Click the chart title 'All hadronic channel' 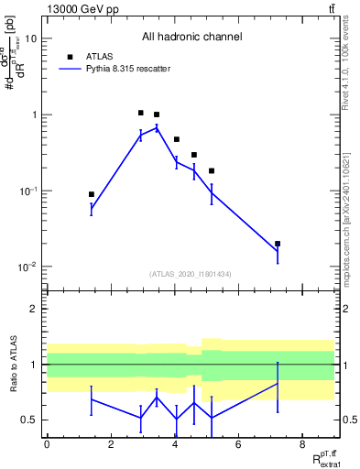tap(191, 38)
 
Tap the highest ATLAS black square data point tap(140, 113)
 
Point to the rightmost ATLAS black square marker tap(278, 244)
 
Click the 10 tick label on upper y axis tap(31, 38)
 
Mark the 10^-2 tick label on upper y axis tap(28, 267)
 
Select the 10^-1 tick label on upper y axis tap(28, 191)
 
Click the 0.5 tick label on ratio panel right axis tap(349, 420)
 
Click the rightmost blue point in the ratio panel tap(278, 384)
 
